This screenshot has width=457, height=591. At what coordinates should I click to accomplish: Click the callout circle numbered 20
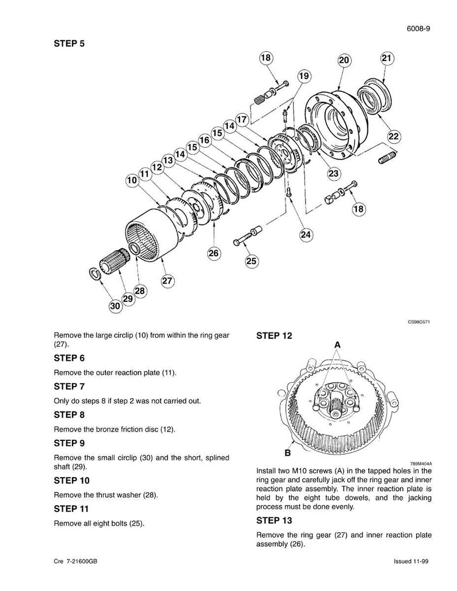[344, 60]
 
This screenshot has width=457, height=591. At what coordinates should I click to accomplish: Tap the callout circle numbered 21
[387, 58]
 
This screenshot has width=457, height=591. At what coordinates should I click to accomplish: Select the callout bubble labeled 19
[303, 76]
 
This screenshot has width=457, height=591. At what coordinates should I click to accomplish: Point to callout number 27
[167, 280]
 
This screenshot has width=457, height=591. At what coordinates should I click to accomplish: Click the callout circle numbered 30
[115, 306]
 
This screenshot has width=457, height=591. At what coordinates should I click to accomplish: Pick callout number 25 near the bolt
[251, 261]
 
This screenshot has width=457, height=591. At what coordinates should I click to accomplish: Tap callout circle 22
[394, 136]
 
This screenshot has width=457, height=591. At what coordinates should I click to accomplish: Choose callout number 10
[132, 180]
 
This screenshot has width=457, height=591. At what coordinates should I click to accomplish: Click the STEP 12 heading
[274, 336]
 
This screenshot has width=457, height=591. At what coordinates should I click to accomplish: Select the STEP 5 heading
[70, 43]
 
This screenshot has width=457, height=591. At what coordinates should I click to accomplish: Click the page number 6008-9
[418, 29]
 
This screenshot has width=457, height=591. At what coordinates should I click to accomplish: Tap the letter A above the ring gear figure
[337, 345]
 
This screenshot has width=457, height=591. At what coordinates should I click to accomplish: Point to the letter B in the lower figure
[288, 453]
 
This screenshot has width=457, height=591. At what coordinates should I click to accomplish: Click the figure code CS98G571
[419, 322]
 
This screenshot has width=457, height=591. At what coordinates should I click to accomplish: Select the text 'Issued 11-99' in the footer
[411, 561]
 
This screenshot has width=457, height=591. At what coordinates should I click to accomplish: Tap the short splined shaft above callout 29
[114, 261]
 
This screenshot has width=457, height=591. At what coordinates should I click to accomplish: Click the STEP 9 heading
[70, 443]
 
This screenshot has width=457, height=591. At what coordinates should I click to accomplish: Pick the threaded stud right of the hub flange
[387, 157]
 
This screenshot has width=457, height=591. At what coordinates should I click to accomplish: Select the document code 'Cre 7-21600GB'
[76, 561]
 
